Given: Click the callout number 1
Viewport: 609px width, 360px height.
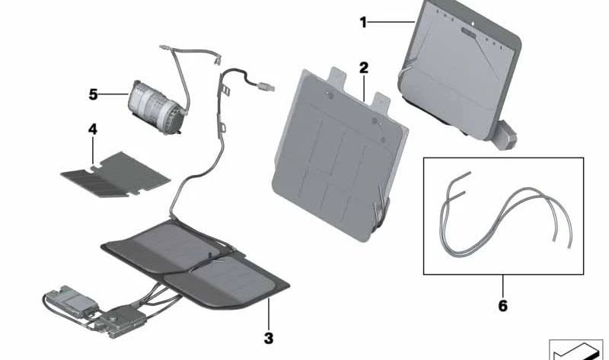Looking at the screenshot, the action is click(363, 23).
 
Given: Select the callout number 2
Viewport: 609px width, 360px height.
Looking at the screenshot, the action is click(364, 68).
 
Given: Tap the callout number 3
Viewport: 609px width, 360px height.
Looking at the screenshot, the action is click(269, 338).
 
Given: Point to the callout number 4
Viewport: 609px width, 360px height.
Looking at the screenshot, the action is click(92, 129).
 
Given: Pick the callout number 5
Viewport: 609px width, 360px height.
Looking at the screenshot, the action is click(93, 94).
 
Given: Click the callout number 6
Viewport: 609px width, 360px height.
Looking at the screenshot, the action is click(503, 306).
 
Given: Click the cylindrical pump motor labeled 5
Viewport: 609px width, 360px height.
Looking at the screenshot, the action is click(155, 107).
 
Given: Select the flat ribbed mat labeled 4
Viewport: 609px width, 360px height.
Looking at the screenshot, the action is click(116, 174).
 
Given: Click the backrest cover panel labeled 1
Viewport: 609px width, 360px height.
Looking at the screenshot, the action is click(461, 70).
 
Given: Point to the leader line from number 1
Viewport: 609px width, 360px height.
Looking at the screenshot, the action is click(391, 23).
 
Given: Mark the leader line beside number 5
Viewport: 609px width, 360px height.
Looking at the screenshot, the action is click(113, 94).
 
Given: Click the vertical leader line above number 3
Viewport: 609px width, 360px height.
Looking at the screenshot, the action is click(269, 314).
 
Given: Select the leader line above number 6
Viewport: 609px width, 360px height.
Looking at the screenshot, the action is click(503, 287).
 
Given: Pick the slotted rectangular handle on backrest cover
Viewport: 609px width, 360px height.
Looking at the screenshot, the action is click(468, 33).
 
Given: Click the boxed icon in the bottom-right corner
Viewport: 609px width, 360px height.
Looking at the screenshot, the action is click(576, 350).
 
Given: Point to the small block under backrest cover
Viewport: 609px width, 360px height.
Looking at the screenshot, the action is click(505, 135).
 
